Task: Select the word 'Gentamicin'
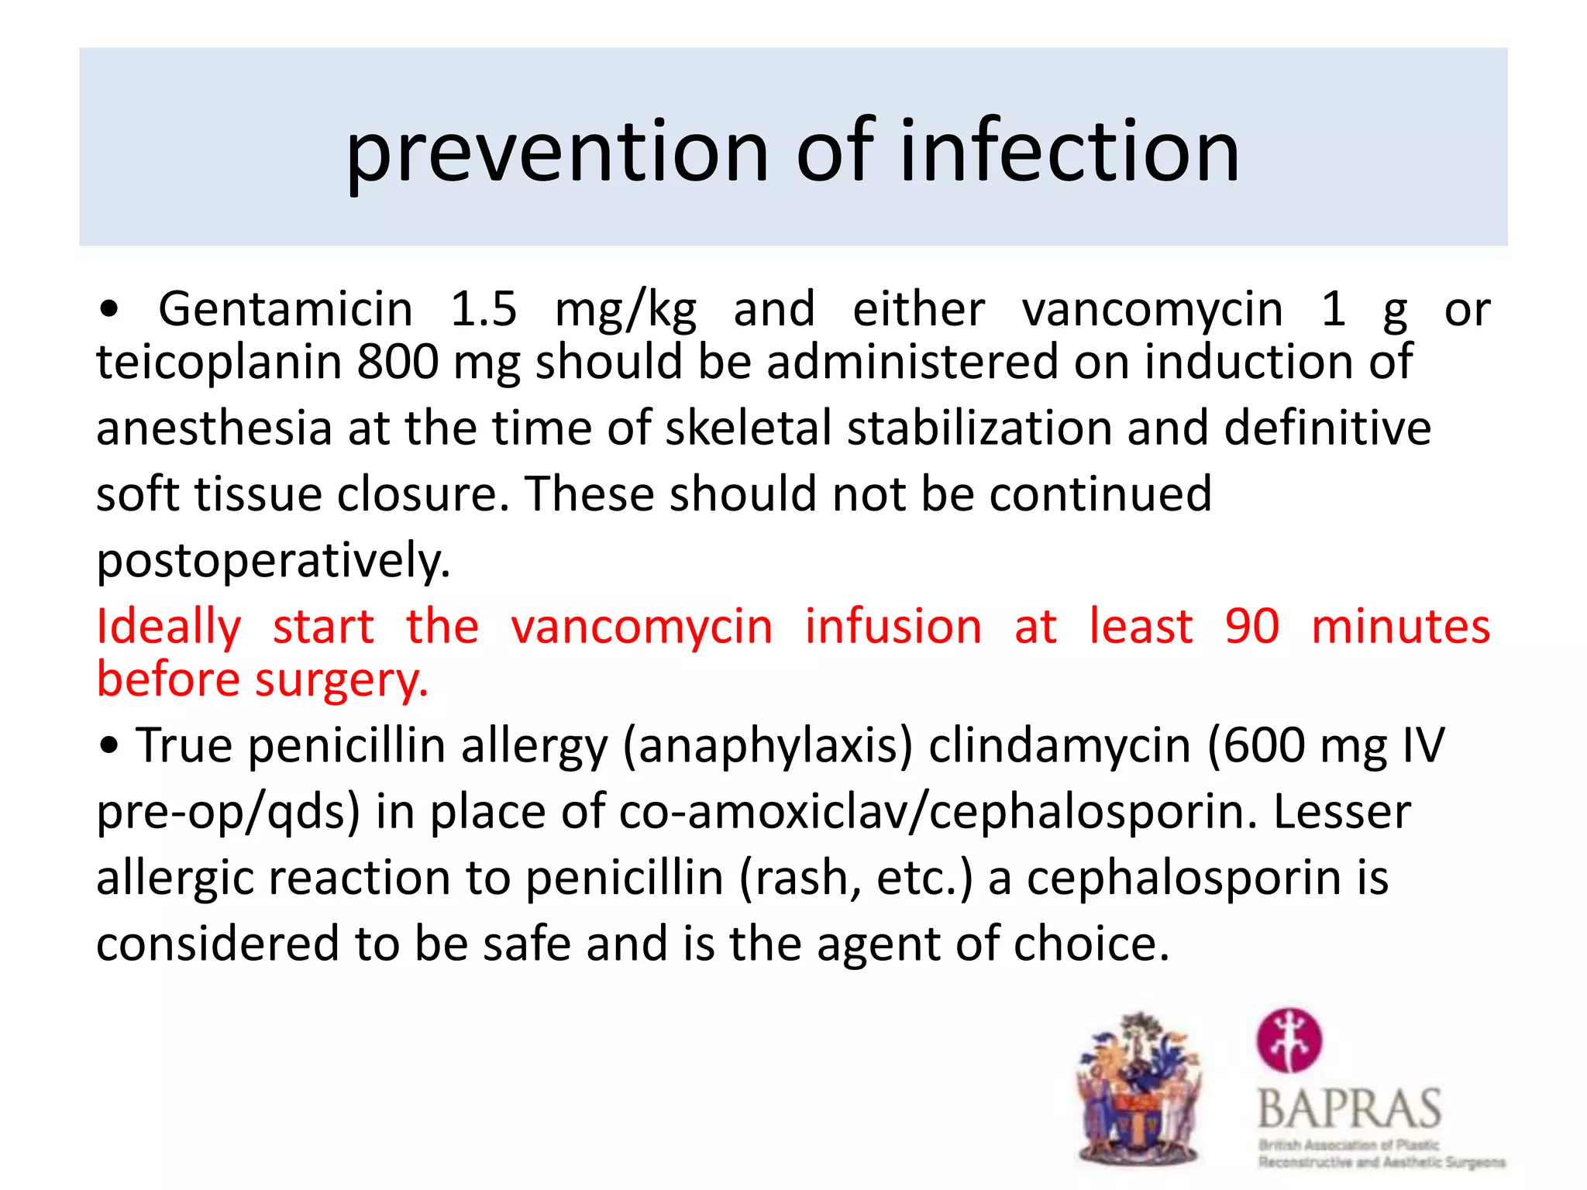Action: coord(285,309)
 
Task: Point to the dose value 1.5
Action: coord(484,308)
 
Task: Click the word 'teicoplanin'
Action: coord(219,362)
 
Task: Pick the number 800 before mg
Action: coord(398,362)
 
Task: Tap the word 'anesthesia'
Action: coord(214,428)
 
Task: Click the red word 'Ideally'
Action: coord(169,626)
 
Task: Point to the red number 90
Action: coord(1252,626)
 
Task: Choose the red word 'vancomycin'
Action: coord(642,626)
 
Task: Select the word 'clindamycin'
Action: coord(1059,745)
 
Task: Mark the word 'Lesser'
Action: coord(1342,812)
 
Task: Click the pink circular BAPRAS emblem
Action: coord(1289,1040)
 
